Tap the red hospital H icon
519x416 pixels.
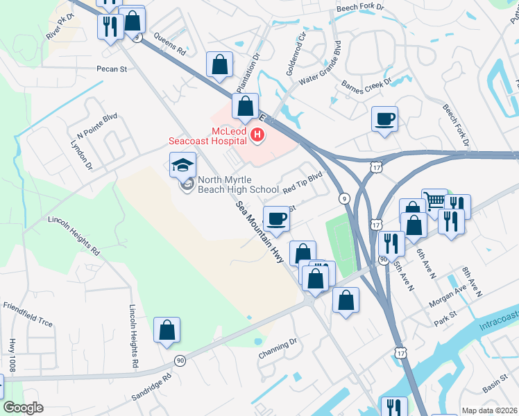click(x=258, y=135)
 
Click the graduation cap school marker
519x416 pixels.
click(x=182, y=165)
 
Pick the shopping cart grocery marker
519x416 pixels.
click(x=434, y=202)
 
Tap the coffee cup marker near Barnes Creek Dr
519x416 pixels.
click(x=384, y=119)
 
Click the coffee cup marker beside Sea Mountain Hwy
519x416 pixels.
click(x=277, y=218)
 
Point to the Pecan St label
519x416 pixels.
click(x=112, y=69)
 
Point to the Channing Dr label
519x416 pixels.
click(x=278, y=347)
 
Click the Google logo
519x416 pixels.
click(x=24, y=408)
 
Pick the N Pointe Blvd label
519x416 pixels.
click(x=98, y=125)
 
